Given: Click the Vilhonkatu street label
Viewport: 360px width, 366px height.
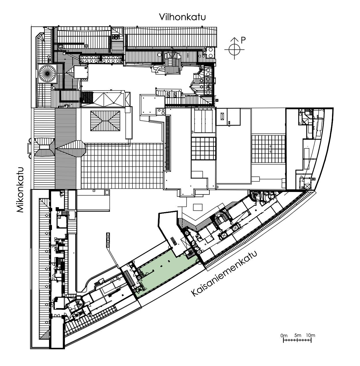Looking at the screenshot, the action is click(182, 17).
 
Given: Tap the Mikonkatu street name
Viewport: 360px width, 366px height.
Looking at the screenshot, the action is click(20, 190).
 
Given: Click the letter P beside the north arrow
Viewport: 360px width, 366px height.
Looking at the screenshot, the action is click(243, 40).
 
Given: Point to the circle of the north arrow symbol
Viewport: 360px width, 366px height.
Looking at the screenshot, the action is click(234, 50).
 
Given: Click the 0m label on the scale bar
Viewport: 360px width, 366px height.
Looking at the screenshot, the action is click(284, 336).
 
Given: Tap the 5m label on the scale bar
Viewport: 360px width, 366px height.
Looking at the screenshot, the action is click(298, 335).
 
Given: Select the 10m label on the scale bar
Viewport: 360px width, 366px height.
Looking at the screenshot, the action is click(310, 335).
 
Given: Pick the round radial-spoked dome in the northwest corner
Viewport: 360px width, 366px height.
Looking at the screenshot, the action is click(47, 73).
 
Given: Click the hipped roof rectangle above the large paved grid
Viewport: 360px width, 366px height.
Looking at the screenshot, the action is click(105, 121).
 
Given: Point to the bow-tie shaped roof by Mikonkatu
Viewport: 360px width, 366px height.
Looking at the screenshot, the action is click(44, 147).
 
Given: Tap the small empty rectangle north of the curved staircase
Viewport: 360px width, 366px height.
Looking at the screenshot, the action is click(198, 207).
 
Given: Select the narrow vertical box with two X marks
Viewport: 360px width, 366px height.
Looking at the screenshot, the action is click(108, 240).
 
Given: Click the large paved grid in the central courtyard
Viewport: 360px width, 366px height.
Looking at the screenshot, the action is click(122, 166).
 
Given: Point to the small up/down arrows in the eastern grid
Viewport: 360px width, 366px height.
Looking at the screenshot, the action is click(270, 149).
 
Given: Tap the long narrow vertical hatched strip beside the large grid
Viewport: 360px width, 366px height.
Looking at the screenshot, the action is click(168, 143).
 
